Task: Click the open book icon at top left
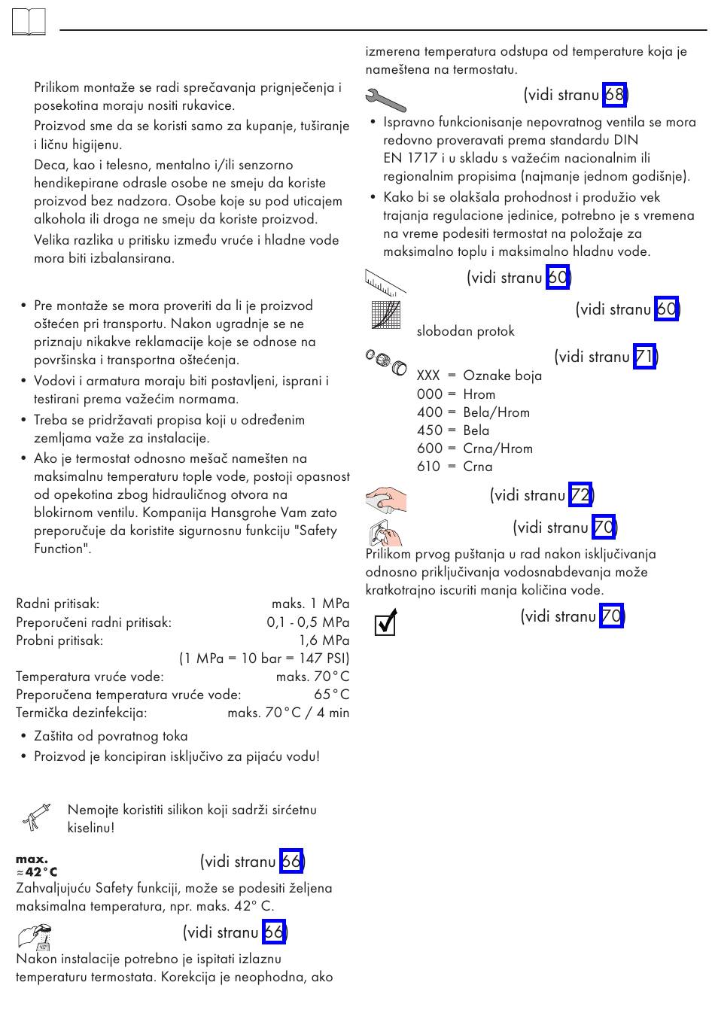pyautogui.click(x=29, y=22)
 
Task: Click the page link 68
pyautogui.click(x=614, y=95)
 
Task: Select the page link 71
pyautogui.click(x=644, y=357)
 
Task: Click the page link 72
pyautogui.click(x=580, y=495)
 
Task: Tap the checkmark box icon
pyautogui.click(x=385, y=623)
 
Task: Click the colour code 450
pyautogui.click(x=430, y=430)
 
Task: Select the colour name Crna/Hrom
pyautogui.click(x=497, y=449)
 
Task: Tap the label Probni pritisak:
pyautogui.click(x=59, y=640)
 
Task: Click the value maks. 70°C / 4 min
pyautogui.click(x=288, y=713)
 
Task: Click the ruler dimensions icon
pyautogui.click(x=385, y=280)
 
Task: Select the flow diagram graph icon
pyautogui.click(x=386, y=315)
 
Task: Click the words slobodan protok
pyautogui.click(x=465, y=331)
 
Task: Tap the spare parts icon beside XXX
pyautogui.click(x=385, y=363)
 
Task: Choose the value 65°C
pyautogui.click(x=331, y=695)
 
